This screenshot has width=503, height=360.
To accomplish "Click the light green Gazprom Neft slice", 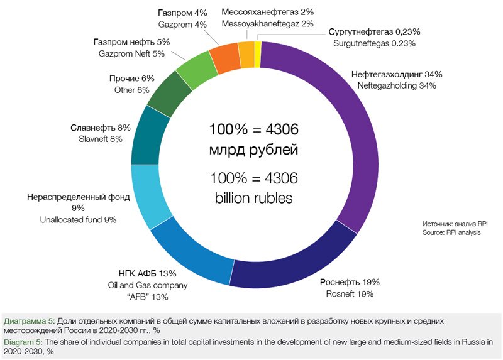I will point(195,69).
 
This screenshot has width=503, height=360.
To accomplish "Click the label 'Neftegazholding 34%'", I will point(396,85).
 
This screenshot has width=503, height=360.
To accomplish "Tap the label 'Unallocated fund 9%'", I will point(78,220).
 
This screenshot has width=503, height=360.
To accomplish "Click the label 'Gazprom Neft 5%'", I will point(131,54).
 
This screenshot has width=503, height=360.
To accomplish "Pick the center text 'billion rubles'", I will point(253,197).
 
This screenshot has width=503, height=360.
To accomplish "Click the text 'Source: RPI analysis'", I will point(451,232).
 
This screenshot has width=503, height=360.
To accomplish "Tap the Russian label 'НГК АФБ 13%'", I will point(147,273).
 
